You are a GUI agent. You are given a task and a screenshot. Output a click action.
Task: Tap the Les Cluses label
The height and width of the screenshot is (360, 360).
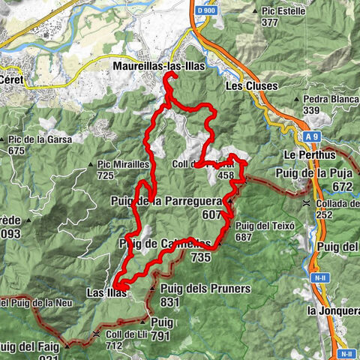(x=251, y=85)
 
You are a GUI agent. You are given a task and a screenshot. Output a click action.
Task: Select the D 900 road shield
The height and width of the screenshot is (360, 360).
(x=205, y=13)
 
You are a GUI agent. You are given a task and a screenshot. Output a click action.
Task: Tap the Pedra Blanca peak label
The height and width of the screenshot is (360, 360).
(x=331, y=99)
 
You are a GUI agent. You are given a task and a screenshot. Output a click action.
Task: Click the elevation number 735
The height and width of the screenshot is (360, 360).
(x=200, y=256)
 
